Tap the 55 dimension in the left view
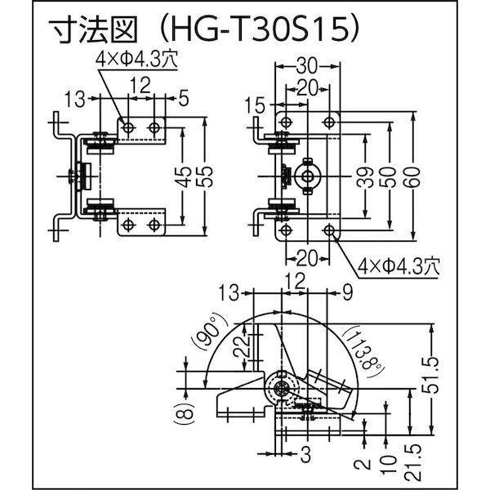click(x=205, y=176)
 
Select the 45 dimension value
click(x=181, y=176)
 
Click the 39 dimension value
click(x=364, y=177)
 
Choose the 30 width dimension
click(x=306, y=66)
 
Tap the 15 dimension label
click(x=254, y=105)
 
